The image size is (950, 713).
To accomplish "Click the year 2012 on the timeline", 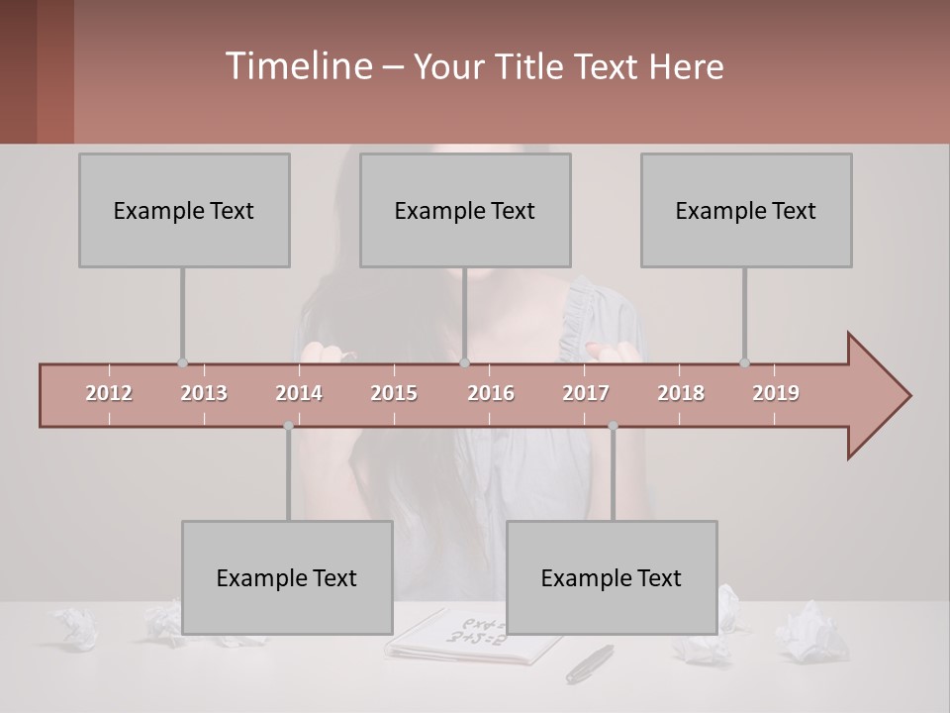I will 109,393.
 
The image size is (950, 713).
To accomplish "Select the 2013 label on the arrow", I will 204,393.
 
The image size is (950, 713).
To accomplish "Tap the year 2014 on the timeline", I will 299,393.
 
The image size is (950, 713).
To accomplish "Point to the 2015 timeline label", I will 394,393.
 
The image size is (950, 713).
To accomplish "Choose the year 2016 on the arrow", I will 491,393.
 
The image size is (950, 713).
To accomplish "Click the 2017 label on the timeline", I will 586,393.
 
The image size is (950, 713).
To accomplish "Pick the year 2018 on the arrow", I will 681,393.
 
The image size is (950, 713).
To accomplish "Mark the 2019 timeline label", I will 776,393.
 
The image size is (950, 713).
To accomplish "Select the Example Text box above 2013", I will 184,210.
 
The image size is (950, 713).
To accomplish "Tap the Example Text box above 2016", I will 465,210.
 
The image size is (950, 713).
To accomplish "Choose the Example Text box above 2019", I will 746,210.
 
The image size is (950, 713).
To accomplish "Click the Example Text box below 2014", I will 287,577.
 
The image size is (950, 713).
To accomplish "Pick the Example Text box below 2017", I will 612,577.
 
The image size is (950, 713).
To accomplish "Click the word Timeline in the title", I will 297,66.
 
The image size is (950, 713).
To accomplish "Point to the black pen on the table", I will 590,662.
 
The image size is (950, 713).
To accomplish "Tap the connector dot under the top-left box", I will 182,362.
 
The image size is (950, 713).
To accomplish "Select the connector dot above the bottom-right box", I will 613,426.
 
